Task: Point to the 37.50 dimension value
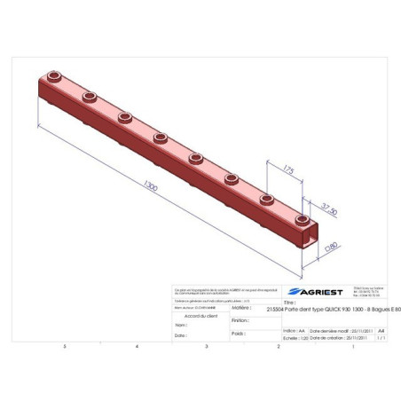click(x=328, y=208)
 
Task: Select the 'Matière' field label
click(x=240, y=308)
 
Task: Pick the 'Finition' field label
click(x=240, y=321)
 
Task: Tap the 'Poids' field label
click(x=238, y=334)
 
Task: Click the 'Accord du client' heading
click(x=200, y=315)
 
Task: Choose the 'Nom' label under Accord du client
click(x=180, y=326)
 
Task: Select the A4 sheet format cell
click(x=381, y=328)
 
